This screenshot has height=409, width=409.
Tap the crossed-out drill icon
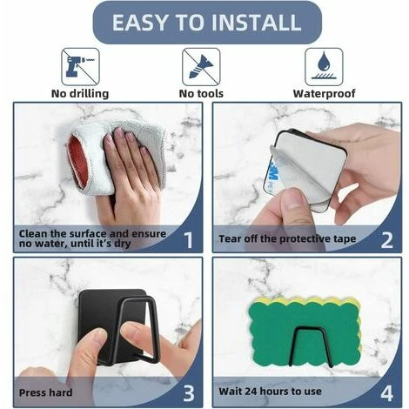(x=80, y=67)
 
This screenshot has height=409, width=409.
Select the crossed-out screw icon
(x=201, y=67)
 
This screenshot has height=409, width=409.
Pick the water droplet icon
(x=324, y=67)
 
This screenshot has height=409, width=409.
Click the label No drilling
(x=80, y=94)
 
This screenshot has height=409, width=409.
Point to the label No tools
(x=201, y=94)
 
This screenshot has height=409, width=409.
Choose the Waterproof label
(x=324, y=94)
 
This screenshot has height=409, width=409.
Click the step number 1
(x=189, y=240)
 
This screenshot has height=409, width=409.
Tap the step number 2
(x=387, y=240)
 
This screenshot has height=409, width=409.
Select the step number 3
(x=189, y=393)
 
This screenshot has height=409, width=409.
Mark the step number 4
(x=387, y=393)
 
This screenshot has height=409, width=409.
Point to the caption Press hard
(x=45, y=392)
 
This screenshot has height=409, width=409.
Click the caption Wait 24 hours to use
(x=270, y=392)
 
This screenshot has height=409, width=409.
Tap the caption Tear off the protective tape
(x=287, y=238)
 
